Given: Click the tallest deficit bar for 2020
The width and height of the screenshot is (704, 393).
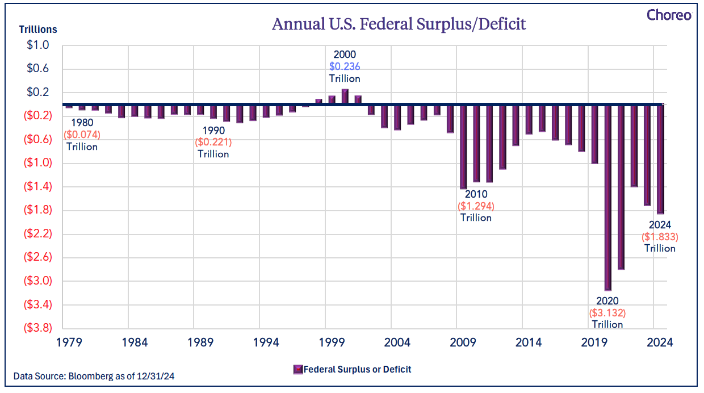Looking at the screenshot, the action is pos(608,198).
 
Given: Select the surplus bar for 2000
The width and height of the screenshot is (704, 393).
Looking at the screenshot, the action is pos(345,97).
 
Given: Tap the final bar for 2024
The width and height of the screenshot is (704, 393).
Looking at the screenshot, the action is pos(660,159).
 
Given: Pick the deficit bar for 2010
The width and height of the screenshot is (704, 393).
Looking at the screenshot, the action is pos(463,147).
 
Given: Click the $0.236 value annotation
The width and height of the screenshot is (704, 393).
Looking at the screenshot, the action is pos(345,66).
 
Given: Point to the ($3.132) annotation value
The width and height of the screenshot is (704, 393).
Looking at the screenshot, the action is pos(607,313).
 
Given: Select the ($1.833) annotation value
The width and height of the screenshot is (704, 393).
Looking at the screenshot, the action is pos(660,237).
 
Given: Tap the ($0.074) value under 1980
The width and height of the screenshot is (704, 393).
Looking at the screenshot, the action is pos(82,135).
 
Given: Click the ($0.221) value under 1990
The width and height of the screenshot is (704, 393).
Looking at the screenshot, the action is pos(213,142).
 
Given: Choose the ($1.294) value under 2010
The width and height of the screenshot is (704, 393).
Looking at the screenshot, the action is pos(476,206).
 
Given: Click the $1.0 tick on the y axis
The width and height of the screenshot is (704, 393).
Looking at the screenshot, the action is pos(37,45).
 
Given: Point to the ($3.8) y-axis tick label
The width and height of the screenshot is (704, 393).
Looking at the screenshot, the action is pos(37,328).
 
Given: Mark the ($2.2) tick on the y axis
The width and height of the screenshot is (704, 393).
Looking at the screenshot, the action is pos(37,233).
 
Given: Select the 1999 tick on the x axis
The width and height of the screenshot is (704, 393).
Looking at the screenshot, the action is pos(332,342).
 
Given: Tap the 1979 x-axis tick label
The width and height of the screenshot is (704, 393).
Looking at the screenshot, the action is pos(69,342).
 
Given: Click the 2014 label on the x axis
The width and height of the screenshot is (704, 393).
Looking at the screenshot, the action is pos(529,342).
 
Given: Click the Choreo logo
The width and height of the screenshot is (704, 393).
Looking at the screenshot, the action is pos(669,15).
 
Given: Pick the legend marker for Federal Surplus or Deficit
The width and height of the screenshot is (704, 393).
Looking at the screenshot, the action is pos(297,369).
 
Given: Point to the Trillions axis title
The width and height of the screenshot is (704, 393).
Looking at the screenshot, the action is pos(38,29).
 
